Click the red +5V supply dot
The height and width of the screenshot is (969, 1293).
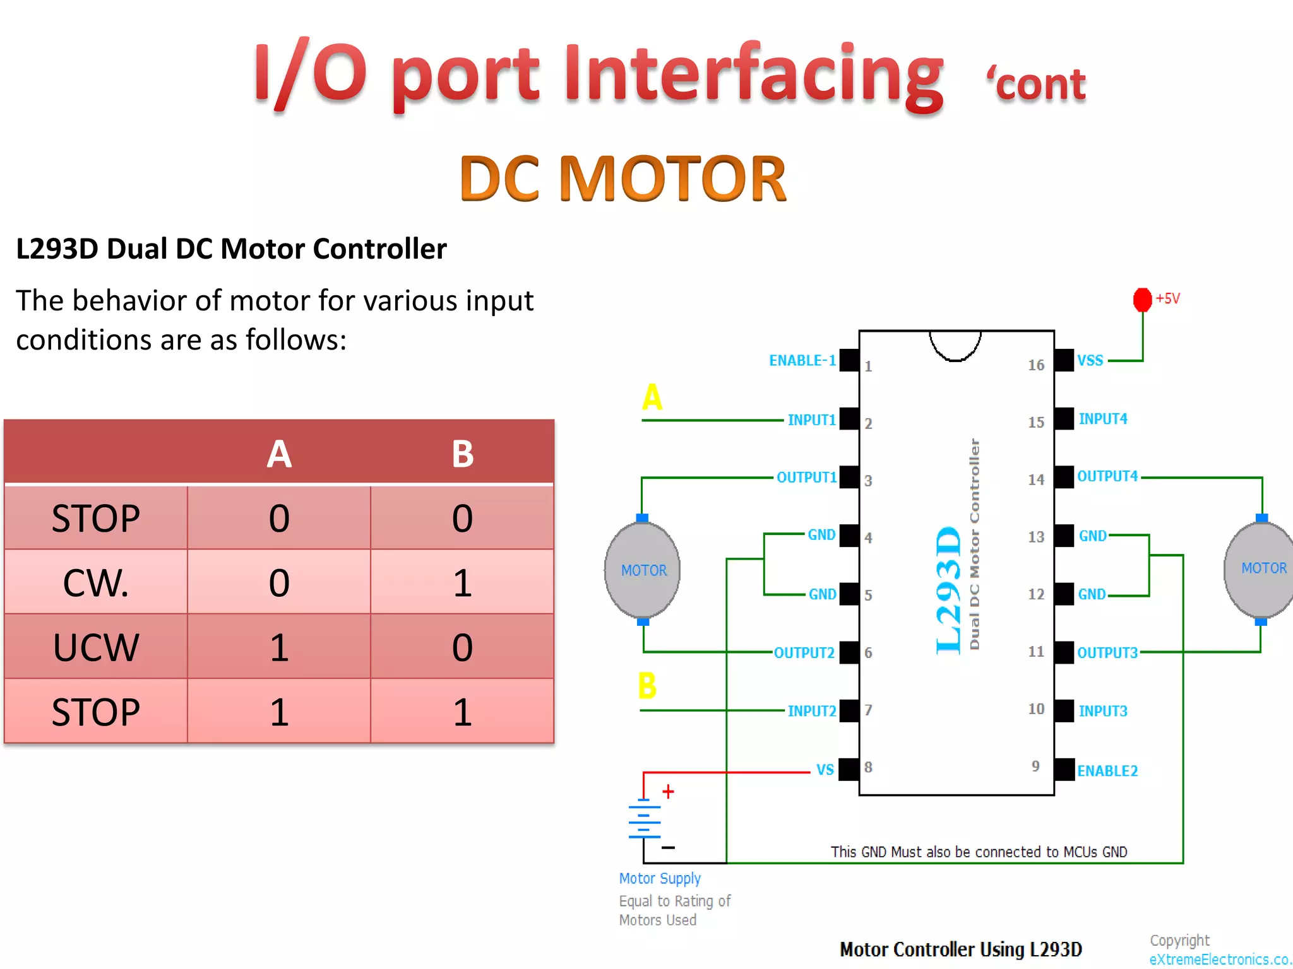(1142, 300)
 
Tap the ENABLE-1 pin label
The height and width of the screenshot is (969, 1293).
(802, 360)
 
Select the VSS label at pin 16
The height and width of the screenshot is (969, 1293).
(1090, 360)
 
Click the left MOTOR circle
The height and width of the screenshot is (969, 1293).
(643, 570)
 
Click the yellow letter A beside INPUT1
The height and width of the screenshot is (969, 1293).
(652, 397)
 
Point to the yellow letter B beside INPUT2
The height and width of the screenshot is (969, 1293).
(647, 685)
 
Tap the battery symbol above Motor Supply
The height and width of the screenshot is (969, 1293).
(645, 819)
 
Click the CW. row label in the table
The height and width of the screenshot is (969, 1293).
(96, 582)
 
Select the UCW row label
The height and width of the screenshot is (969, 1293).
(96, 647)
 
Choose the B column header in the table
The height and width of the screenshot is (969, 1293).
(462, 454)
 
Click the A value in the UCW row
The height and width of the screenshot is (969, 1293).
(278, 647)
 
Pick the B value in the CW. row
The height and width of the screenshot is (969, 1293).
(462, 582)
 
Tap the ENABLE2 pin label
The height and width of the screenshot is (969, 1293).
(1107, 770)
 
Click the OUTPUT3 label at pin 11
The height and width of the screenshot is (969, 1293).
(1107, 652)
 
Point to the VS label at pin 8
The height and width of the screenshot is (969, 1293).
(825, 770)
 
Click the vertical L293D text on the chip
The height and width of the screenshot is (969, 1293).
(948, 590)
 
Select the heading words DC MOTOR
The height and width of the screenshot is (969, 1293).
(623, 179)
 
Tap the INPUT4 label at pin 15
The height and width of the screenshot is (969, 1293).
(1102, 418)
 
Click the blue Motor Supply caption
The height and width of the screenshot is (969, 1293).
(660, 878)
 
